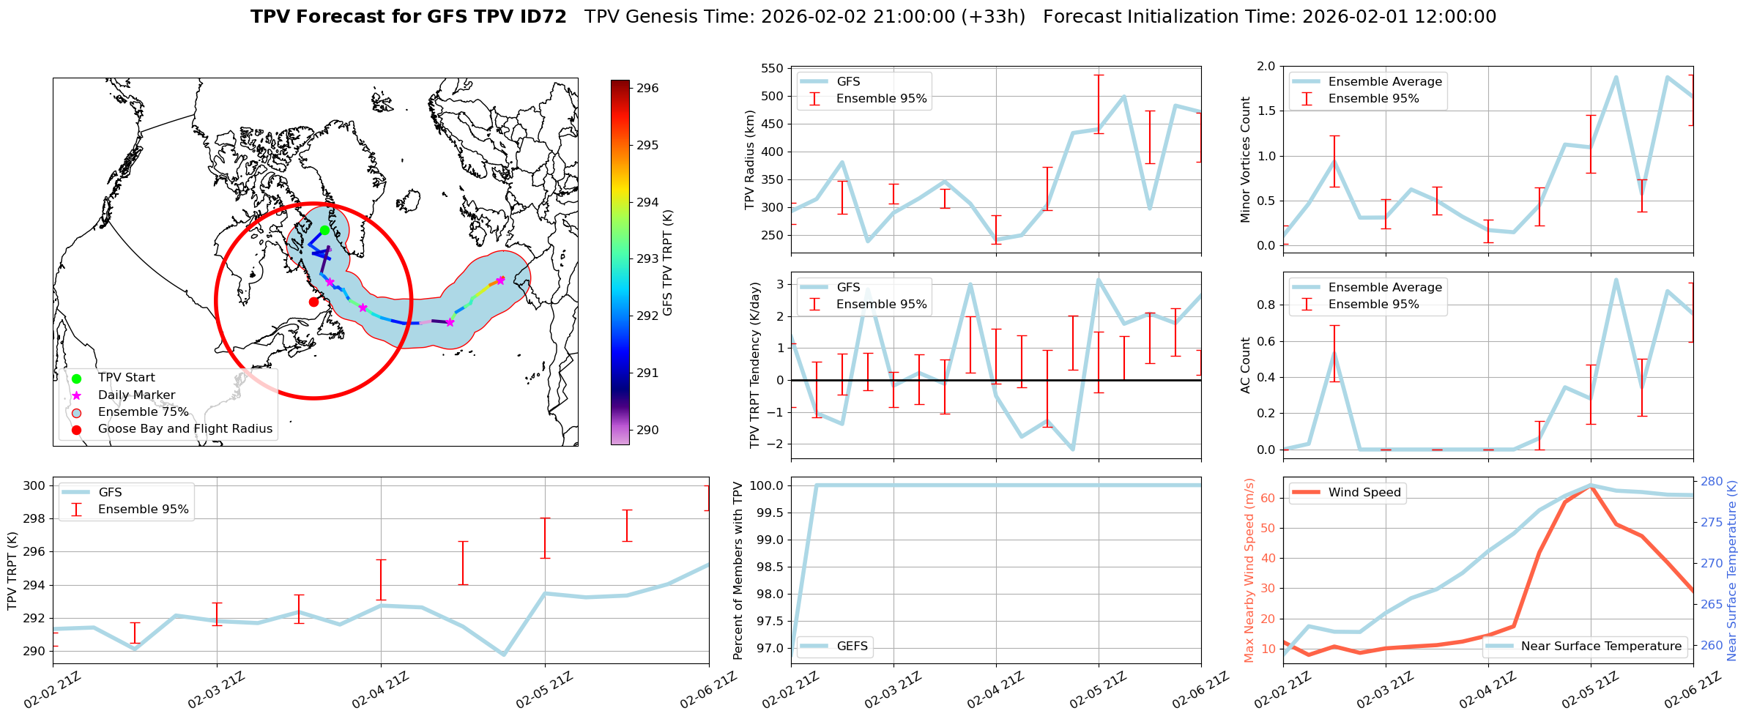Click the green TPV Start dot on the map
pyautogui.click(x=324, y=230)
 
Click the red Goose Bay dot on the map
pyautogui.click(x=313, y=302)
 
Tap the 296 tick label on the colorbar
pyautogui.click(x=647, y=89)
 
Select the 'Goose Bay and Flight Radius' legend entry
pyautogui.click(x=185, y=429)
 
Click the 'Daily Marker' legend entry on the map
pyautogui.click(x=136, y=395)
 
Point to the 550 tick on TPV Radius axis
pyautogui.click(x=772, y=68)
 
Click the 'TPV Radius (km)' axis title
pyautogui.click(x=749, y=160)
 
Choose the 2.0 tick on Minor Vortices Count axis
pyautogui.click(x=1266, y=67)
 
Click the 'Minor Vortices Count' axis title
pyautogui.click(x=1246, y=160)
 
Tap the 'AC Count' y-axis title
pyautogui.click(x=1246, y=365)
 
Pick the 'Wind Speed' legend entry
pyautogui.click(x=1364, y=493)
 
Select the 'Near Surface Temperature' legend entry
pyautogui.click(x=1601, y=647)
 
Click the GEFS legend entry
pyautogui.click(x=852, y=647)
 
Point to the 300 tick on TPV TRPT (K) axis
pyautogui.click(x=35, y=486)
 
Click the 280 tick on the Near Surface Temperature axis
pyautogui.click(x=1711, y=482)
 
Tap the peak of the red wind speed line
pyautogui.click(x=1591, y=486)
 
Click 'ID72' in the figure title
pyautogui.click(x=542, y=17)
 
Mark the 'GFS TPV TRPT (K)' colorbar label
pyautogui.click(x=667, y=263)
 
